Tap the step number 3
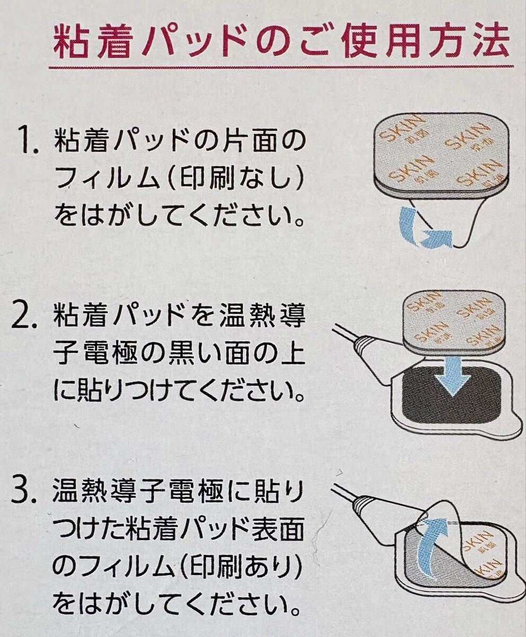[x=24, y=492]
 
